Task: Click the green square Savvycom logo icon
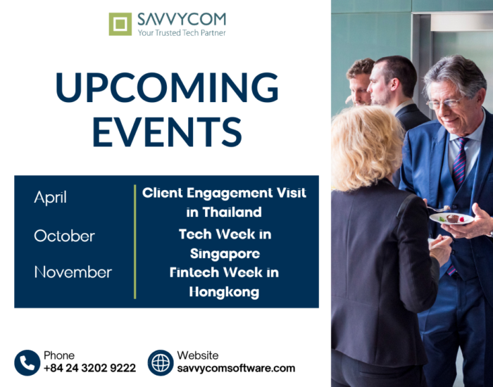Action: point(120,24)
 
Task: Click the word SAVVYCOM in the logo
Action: point(182,20)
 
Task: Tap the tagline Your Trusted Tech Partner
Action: point(182,32)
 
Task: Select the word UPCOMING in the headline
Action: point(167,87)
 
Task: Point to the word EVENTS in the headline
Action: point(168,132)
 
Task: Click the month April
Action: point(50,198)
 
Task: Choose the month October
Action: point(65,236)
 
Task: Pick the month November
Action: point(73,272)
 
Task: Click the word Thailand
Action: point(232,212)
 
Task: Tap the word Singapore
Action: point(225,254)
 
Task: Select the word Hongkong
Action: point(224,292)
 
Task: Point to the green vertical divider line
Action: point(135,241)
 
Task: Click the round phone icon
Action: point(27,363)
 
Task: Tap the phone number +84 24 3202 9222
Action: point(89,368)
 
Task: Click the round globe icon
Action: point(161,363)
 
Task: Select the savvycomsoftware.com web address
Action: point(236,368)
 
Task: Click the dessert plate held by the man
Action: point(452,218)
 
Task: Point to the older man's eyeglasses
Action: point(445,103)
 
